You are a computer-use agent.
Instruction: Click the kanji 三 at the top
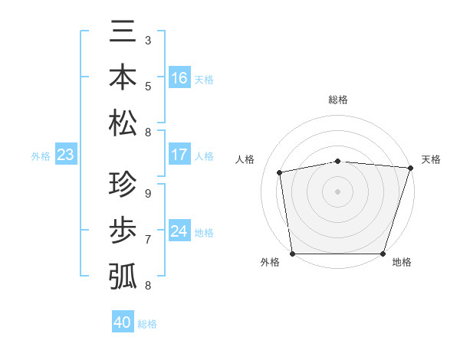pos(123,33)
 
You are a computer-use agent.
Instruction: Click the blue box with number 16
pos(179,78)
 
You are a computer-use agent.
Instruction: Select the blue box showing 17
pos(179,155)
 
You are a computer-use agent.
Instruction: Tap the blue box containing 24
pos(179,232)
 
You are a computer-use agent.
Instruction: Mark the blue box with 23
pos(66,155)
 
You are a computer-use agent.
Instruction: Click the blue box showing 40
pos(123,322)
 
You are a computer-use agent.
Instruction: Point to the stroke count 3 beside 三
pos(147,40)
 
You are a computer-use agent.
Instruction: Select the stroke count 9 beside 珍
pos(147,194)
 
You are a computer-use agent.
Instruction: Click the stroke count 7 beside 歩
pos(147,239)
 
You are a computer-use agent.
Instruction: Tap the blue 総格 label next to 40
pos(147,324)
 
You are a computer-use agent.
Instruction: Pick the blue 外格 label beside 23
pos(41,156)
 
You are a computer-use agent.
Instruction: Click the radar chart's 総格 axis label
pos(338,100)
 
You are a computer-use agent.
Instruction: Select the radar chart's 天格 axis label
pos(431,159)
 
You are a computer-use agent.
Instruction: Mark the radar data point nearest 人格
pos(280,172)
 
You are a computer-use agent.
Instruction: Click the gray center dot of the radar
pos(338,191)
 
